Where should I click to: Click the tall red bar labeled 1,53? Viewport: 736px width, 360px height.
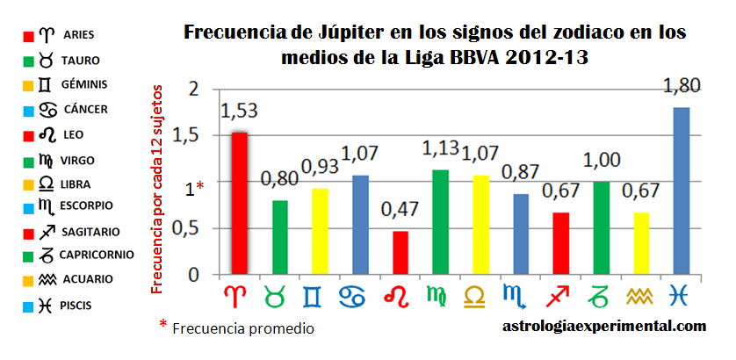239,204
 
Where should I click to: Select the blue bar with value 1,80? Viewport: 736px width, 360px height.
682,191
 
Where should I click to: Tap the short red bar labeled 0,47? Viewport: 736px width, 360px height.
400,253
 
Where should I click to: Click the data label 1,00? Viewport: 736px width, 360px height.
602,163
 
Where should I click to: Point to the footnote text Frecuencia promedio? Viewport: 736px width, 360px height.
243,328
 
